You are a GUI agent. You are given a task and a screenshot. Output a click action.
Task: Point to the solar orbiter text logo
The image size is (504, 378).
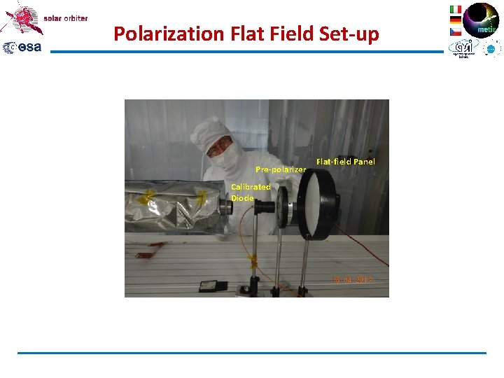tap(66, 18)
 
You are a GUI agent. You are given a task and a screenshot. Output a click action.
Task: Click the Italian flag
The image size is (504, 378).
tap(455, 9)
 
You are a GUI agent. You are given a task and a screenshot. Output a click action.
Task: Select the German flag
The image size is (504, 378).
tap(455, 20)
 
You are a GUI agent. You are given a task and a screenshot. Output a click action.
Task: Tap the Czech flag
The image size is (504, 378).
tap(455, 31)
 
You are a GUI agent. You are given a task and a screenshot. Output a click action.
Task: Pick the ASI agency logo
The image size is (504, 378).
tap(463, 48)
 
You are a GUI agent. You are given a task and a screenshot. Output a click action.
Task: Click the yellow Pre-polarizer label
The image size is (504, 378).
tap(280, 169)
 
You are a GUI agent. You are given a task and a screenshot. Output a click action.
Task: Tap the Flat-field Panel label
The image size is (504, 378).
tap(345, 162)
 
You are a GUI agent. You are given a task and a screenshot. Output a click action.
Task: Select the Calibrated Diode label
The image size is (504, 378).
tap(250, 192)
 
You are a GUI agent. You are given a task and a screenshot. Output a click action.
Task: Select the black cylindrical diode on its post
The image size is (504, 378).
tap(265, 207)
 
